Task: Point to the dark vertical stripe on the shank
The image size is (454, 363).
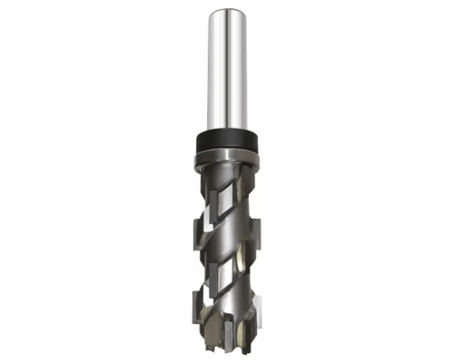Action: tap(234, 73)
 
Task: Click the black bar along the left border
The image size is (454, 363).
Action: tap(22, 181)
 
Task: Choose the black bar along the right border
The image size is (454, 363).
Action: tap(431, 181)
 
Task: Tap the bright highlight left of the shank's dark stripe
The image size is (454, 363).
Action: tap(219, 73)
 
